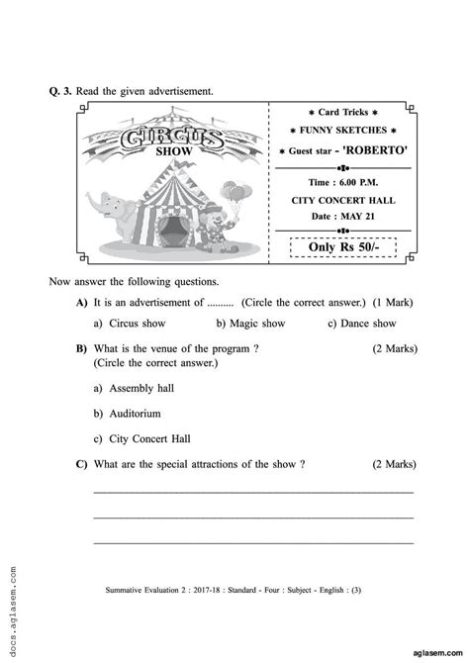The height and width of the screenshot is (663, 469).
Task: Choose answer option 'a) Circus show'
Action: click(x=130, y=323)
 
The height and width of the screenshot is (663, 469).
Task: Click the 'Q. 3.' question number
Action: click(x=61, y=91)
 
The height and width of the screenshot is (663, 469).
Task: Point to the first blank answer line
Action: click(x=252, y=491)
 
